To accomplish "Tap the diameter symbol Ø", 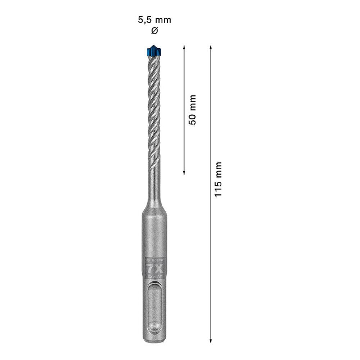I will (x=154, y=31).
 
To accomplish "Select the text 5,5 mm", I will (x=154, y=20).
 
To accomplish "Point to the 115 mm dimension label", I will (x=218, y=179).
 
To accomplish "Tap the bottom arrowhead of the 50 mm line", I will (x=184, y=172).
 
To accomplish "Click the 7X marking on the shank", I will (x=155, y=268).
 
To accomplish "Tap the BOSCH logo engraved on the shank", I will (x=155, y=260).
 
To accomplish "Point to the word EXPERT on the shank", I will (x=155, y=276).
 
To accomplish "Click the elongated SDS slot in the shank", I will (x=155, y=310).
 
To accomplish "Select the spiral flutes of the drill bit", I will (x=154, y=108).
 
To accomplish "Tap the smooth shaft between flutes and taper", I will (x=154, y=180).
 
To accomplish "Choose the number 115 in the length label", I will (x=218, y=187).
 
